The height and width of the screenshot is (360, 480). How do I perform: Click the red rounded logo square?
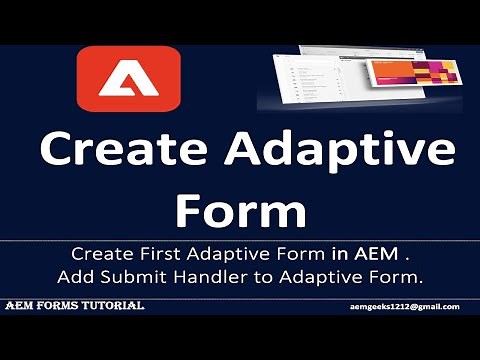[128, 79]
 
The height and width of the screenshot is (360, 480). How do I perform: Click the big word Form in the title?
[240, 211]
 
